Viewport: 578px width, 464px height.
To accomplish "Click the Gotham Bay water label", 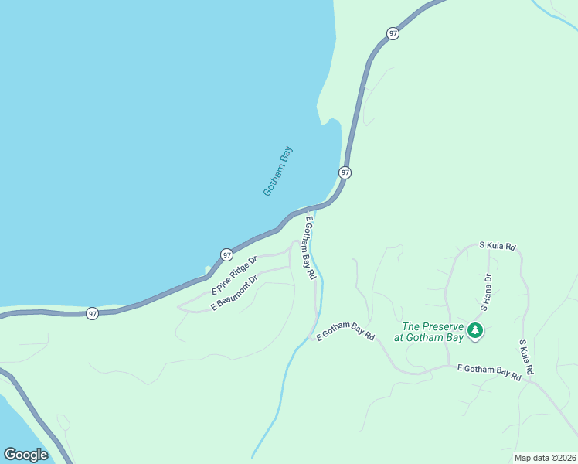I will pyautogui.click(x=278, y=171).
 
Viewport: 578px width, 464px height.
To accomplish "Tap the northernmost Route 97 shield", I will pyautogui.click(x=393, y=33).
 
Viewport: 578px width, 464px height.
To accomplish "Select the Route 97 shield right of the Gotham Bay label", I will pyautogui.click(x=345, y=172).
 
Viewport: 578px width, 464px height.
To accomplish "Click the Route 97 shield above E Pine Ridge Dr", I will pyautogui.click(x=226, y=254).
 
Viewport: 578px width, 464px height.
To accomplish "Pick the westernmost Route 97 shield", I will pyautogui.click(x=92, y=313).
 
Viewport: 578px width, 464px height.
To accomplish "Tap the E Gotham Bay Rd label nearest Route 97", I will pyautogui.click(x=308, y=247).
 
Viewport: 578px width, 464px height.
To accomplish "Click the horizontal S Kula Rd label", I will pyautogui.click(x=497, y=246).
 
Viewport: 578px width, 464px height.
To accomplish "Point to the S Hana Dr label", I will pyautogui.click(x=486, y=292).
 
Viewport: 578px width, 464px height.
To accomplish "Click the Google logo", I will pyautogui.click(x=25, y=454).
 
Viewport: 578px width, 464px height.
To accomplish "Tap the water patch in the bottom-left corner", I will pyautogui.click(x=15, y=421).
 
